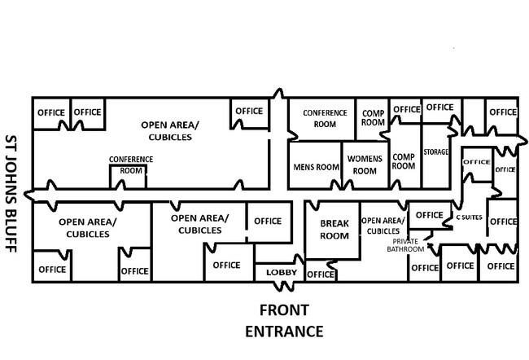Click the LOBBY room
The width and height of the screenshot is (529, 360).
pos(282,272)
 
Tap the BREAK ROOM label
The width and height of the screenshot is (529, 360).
pos(334,230)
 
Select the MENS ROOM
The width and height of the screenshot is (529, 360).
pos(315,167)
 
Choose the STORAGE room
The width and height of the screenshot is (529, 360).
pos(436,151)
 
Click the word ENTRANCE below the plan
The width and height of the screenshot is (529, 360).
pos(284,331)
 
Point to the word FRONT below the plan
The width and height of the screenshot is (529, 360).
pos(284,310)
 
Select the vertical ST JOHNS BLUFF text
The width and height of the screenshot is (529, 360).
pos(11,193)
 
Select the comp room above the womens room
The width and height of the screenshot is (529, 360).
pos(373,117)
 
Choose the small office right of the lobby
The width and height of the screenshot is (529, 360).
pos(321,274)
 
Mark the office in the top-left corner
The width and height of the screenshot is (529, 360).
pos(50,112)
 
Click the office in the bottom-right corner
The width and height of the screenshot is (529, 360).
pos(501,266)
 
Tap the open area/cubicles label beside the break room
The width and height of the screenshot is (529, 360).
pos(383,226)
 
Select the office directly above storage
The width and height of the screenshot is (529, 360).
pos(439,108)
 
